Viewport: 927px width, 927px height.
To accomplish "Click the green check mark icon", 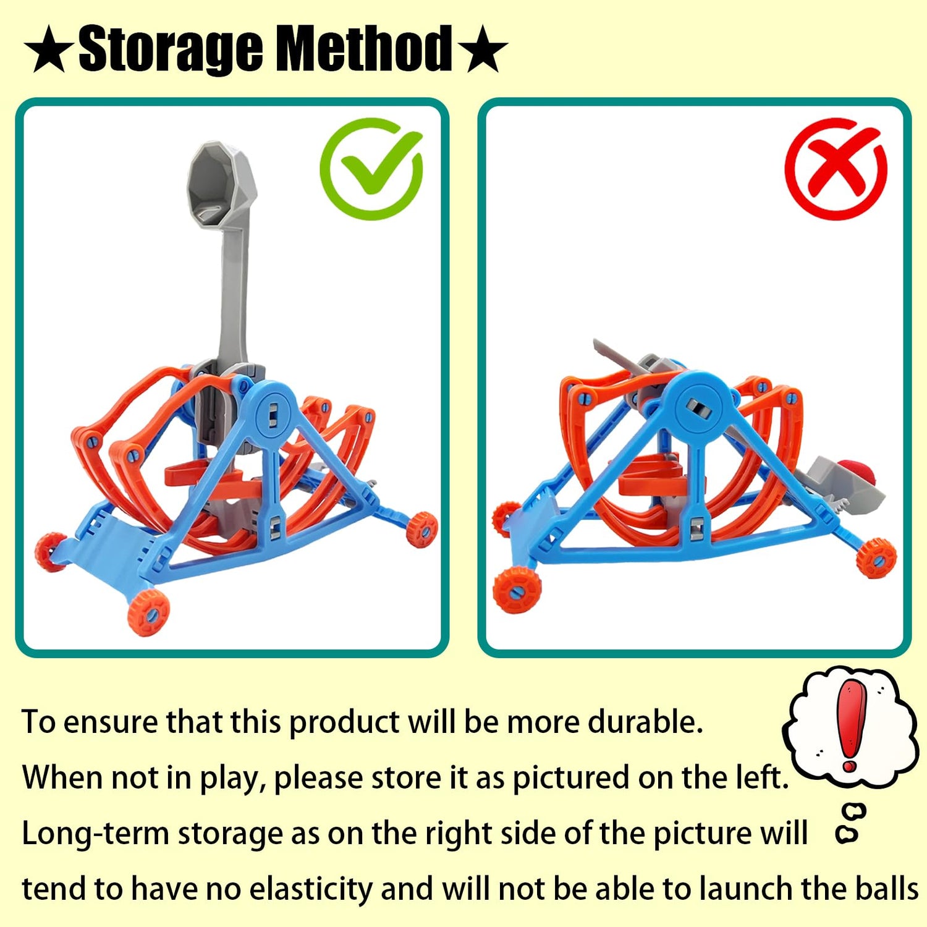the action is click(x=371, y=169).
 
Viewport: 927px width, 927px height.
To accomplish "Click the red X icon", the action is click(x=836, y=169).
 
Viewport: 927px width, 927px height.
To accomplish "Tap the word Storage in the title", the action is click(x=171, y=49).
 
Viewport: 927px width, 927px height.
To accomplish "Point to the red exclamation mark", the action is click(x=850, y=725).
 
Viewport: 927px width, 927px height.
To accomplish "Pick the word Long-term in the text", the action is click(x=95, y=833).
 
